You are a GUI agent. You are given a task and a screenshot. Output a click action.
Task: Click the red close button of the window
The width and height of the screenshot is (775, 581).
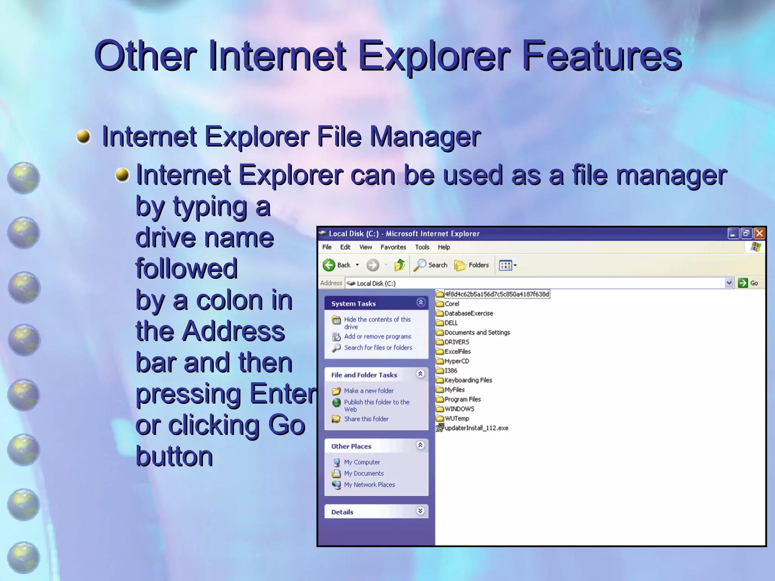point(759,233)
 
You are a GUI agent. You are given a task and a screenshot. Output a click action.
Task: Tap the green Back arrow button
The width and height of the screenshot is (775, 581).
point(329,265)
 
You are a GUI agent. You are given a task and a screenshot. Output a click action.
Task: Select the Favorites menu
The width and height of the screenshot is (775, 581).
point(393,247)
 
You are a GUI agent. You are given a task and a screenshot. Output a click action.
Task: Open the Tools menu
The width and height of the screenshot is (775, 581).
point(422,247)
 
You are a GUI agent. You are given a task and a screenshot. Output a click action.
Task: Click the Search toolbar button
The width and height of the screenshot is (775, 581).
point(431,265)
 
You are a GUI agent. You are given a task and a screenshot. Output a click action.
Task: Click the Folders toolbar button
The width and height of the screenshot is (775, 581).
point(472,265)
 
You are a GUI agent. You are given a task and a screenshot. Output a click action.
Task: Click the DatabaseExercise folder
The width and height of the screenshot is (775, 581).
point(468,313)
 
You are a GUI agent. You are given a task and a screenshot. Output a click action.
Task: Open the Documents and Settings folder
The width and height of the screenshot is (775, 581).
point(477,332)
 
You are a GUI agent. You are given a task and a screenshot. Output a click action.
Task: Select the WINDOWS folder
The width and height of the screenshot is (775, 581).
point(459,409)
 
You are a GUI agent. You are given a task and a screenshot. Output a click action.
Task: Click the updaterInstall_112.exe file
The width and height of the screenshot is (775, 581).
point(476,428)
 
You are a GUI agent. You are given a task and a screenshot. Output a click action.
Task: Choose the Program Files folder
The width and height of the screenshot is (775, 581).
point(462,399)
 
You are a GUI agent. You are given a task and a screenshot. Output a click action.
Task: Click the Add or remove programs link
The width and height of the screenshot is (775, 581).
point(377,336)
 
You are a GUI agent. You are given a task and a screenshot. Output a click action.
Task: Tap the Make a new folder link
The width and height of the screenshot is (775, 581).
point(369,391)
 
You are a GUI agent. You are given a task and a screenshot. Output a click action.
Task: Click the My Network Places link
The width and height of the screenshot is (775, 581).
point(369,485)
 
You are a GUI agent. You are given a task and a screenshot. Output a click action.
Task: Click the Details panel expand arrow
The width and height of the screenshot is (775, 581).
point(420,511)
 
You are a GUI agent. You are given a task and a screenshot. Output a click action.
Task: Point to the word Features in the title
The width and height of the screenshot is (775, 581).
point(602,56)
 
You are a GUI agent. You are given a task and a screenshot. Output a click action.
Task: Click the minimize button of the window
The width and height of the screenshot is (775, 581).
point(733,233)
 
